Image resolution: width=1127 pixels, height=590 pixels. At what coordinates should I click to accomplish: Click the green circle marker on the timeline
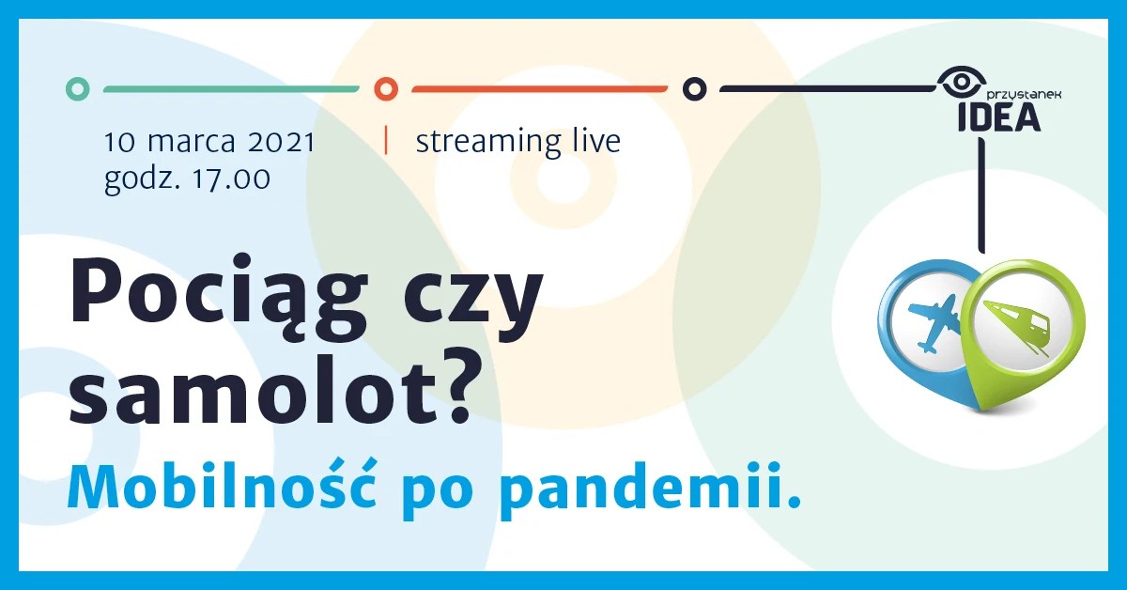click(x=79, y=89)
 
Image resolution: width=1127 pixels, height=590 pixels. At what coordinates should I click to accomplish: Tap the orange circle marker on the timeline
click(x=386, y=89)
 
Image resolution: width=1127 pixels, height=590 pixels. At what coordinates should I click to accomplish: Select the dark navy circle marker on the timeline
click(x=694, y=89)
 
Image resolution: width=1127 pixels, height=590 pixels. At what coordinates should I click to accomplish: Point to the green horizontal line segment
click(x=230, y=89)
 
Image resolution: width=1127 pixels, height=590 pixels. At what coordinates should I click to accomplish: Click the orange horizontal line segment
click(x=539, y=89)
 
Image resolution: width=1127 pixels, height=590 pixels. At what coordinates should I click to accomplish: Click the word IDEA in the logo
click(x=997, y=117)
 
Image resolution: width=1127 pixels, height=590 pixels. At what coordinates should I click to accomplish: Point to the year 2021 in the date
click(x=281, y=143)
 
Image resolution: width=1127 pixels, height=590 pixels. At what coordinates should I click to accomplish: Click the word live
click(x=596, y=142)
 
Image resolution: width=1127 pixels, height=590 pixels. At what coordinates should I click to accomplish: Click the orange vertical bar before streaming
click(x=386, y=140)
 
